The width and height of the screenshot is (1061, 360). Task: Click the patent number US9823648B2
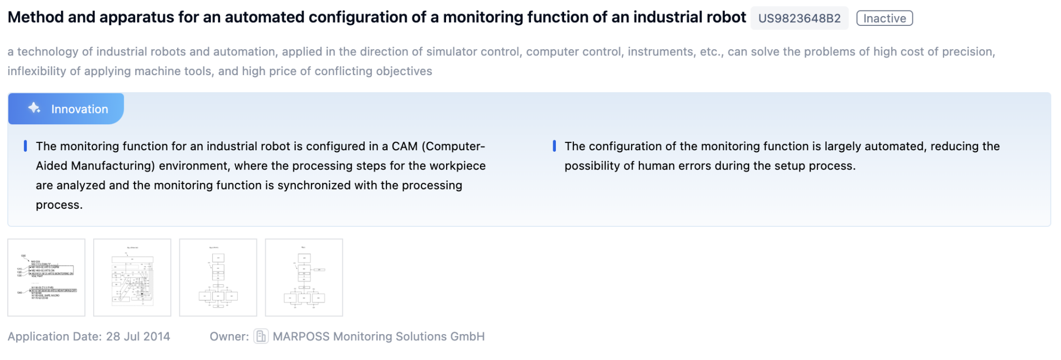coord(799,19)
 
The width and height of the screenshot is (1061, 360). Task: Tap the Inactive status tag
coord(884,19)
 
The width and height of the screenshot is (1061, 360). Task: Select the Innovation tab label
coord(79,109)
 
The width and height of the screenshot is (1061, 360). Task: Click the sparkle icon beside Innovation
coord(34,108)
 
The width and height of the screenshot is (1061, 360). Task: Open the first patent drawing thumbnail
coord(46,277)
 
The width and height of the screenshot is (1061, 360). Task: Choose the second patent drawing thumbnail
coord(132,277)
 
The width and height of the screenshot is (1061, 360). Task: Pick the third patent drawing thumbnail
coord(218,277)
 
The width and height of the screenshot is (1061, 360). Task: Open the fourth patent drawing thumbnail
coord(304,277)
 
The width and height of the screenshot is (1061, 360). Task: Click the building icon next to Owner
coord(261,337)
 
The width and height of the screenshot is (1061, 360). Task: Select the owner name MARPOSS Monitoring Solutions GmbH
coord(379,337)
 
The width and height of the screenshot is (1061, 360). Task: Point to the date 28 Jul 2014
coord(138,337)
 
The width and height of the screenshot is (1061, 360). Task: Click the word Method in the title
coord(35,18)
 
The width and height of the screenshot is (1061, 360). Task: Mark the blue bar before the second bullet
coord(554,146)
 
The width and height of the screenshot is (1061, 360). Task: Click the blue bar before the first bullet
coord(25,146)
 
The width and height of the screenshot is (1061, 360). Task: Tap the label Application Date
coord(54,337)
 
